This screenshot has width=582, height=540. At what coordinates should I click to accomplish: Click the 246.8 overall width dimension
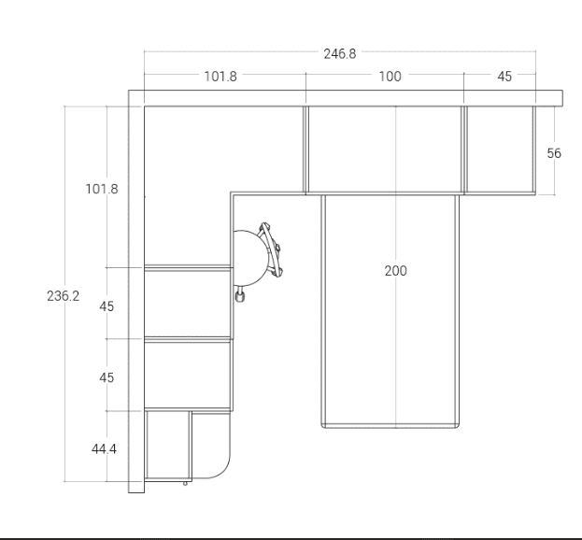click(340, 54)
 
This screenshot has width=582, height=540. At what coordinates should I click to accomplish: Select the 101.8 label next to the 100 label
click(220, 77)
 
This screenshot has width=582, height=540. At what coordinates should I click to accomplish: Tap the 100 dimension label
click(390, 77)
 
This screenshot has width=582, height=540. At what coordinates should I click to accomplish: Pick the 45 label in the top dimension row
click(504, 77)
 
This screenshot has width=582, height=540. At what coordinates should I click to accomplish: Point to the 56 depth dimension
click(554, 153)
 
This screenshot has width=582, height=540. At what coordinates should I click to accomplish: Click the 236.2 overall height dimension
click(64, 296)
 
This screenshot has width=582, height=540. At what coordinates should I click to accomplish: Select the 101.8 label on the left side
click(102, 189)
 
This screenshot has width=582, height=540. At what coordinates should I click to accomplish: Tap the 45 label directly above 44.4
click(106, 377)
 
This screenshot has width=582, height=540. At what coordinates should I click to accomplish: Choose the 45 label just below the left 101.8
click(106, 306)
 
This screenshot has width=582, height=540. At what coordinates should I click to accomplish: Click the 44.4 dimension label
click(104, 449)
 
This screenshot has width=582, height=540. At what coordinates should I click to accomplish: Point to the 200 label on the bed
click(396, 271)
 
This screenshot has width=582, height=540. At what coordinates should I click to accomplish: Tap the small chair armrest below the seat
click(240, 294)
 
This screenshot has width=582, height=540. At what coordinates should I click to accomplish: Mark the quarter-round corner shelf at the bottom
click(211, 445)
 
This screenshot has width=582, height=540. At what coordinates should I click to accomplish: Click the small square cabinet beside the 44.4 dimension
click(168, 445)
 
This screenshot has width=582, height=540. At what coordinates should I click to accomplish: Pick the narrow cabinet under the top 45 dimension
click(500, 149)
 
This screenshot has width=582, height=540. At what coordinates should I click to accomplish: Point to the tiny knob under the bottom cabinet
click(185, 483)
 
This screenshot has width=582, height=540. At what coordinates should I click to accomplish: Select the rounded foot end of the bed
click(390, 425)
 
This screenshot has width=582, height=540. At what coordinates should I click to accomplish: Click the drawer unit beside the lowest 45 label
click(188, 374)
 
